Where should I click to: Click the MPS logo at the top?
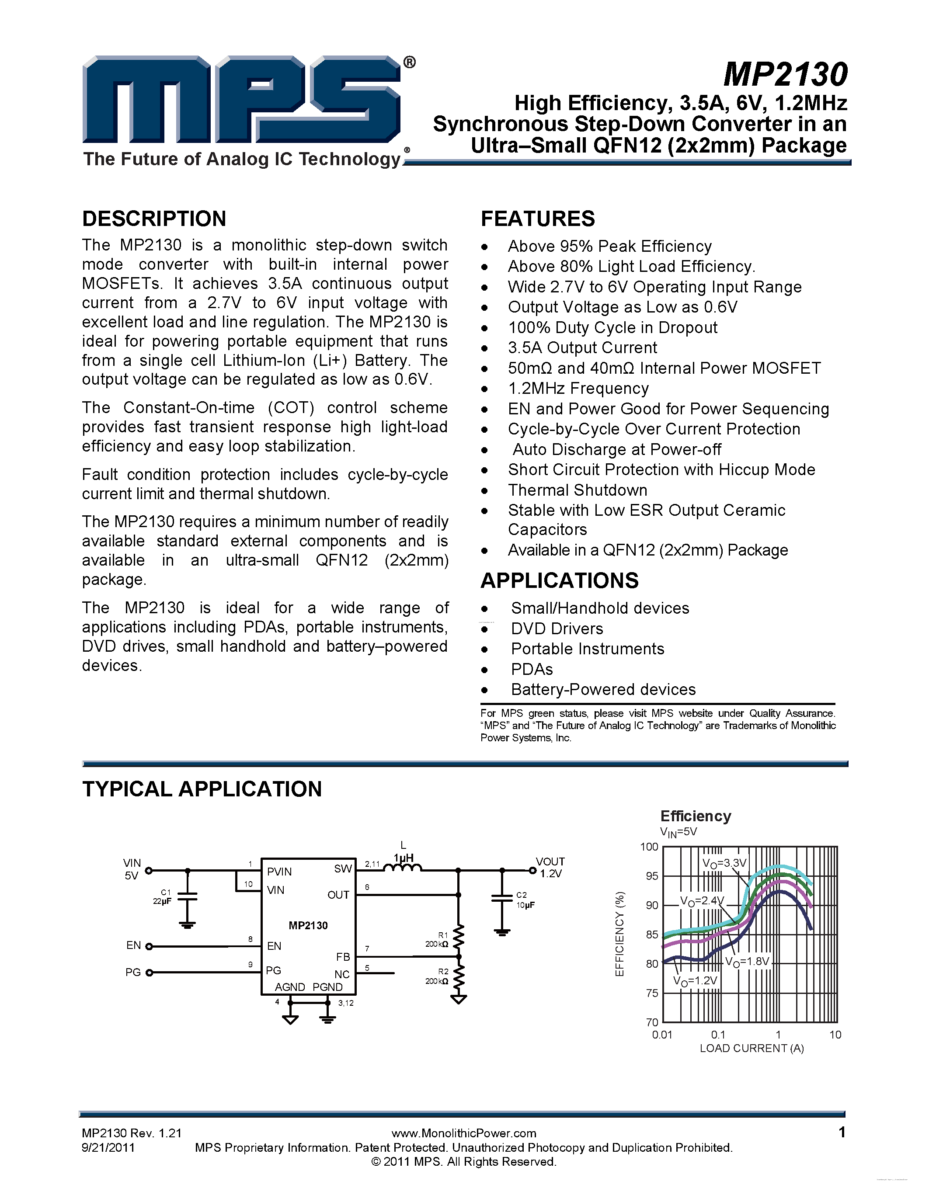[x=242, y=100]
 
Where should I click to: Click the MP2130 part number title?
[x=785, y=74]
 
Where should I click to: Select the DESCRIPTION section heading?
[x=154, y=219]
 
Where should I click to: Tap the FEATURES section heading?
[x=538, y=219]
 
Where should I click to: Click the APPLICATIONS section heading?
[x=559, y=580]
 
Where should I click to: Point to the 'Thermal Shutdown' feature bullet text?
[x=578, y=490]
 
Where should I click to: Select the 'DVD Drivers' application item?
[x=557, y=629]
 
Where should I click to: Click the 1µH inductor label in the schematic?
[x=403, y=858]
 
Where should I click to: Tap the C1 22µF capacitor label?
[x=163, y=896]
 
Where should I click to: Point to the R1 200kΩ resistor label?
[x=438, y=939]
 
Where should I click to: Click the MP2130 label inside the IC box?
[x=308, y=926]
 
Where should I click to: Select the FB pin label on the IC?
[x=343, y=956]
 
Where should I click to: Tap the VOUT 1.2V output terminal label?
[x=550, y=867]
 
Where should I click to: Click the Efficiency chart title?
[x=696, y=816]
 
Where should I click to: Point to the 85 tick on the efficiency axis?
[x=652, y=935]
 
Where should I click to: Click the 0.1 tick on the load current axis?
[x=718, y=1035]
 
